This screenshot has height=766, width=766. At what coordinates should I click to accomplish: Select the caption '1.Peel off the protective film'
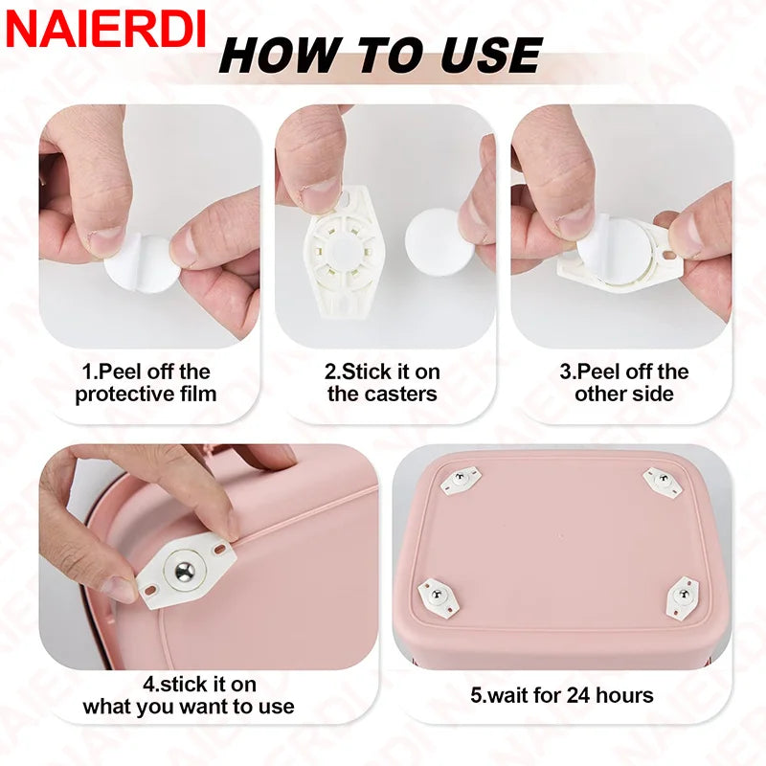tap(146, 382)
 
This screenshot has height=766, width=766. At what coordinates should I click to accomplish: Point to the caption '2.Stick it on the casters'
tap(382, 382)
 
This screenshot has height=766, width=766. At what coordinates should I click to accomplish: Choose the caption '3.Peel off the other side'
tap(623, 382)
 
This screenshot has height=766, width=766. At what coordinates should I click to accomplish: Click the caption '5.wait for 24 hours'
tap(562, 695)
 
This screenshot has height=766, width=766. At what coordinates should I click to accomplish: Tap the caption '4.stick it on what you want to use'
tap(189, 696)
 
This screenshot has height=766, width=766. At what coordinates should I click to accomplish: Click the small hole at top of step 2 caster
tap(341, 204)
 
